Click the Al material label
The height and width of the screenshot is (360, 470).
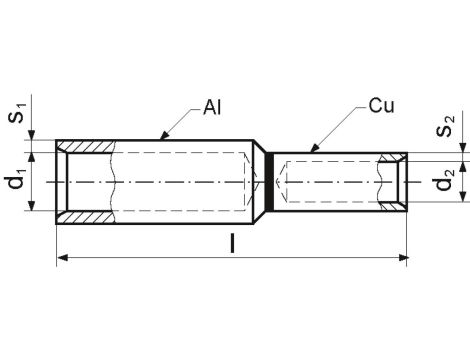[212, 108]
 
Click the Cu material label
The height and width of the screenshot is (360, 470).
[381, 105]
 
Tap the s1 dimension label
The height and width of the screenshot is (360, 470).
[17, 113]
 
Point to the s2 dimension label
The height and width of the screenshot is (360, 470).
[446, 126]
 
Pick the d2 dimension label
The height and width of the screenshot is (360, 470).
[445, 180]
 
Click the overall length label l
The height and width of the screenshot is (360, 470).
[232, 243]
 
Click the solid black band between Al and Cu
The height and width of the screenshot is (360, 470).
[270, 182]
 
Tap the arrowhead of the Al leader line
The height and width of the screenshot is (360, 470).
[164, 135]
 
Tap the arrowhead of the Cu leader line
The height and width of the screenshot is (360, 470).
[314, 148]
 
